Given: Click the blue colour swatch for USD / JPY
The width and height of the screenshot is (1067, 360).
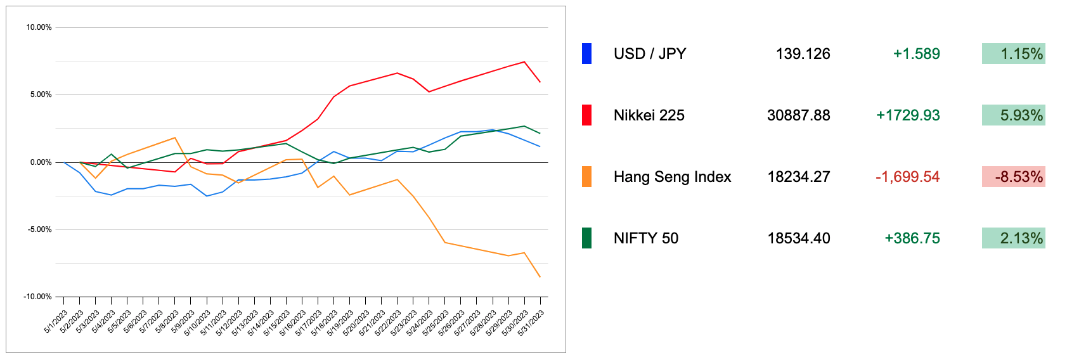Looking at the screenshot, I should [x=586, y=54].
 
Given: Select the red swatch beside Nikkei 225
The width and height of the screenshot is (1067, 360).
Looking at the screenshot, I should [x=586, y=115].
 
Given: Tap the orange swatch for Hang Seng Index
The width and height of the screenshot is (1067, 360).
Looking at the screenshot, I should [x=586, y=177].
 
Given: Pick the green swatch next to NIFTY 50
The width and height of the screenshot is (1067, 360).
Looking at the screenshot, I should [x=586, y=238].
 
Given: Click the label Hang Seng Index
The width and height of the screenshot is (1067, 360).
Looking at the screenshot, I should [x=672, y=177].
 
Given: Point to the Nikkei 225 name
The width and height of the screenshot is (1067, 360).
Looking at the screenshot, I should [x=649, y=115].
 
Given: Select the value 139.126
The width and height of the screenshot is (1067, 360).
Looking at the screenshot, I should [x=803, y=54].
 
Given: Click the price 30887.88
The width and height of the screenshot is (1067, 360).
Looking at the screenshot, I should [x=798, y=115].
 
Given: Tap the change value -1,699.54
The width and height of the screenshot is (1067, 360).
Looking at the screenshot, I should [x=907, y=177].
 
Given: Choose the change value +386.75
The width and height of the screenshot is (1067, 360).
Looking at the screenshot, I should [x=912, y=238].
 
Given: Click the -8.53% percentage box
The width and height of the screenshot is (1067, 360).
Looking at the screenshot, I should [x=1013, y=177].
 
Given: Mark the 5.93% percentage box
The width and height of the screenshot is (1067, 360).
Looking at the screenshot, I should [x=1013, y=115].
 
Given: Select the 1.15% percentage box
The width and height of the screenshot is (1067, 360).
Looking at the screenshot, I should [x=1013, y=54].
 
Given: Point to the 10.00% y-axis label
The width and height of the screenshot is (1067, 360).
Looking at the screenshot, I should [x=39, y=27].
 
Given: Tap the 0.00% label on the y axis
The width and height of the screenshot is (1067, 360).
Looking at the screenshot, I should [x=41, y=162].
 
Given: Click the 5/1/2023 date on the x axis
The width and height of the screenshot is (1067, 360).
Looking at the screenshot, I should [x=56, y=321].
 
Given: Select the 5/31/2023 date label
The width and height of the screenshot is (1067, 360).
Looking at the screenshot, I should [x=532, y=323].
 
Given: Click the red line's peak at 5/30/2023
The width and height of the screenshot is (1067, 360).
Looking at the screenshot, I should [x=524, y=61].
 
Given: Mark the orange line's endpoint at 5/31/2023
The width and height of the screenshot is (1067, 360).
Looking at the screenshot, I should [x=540, y=277].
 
